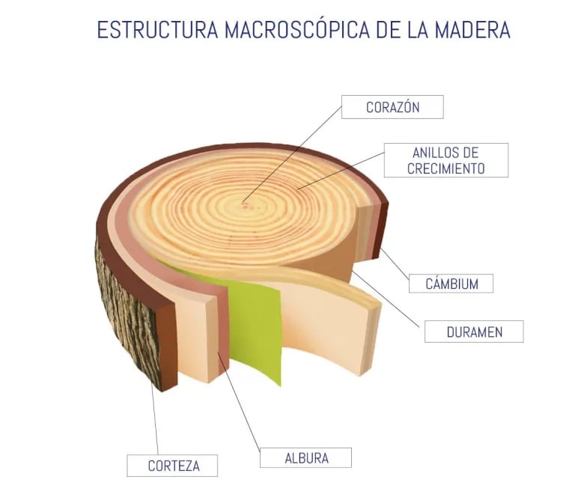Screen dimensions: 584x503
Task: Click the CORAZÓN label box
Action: coord(392,107)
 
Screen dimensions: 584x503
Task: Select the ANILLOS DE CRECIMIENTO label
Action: coord(445,160)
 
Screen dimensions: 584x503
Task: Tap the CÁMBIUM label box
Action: coord(451,284)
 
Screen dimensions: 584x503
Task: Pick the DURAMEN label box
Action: coord(473,332)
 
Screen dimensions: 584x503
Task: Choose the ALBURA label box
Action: coord(305,457)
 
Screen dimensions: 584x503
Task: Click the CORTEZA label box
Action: coord(173,466)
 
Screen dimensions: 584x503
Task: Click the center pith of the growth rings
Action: coord(246,201)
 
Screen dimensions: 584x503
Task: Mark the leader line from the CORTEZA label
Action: coord(155,419)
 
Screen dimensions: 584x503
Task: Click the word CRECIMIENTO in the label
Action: coord(445,168)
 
